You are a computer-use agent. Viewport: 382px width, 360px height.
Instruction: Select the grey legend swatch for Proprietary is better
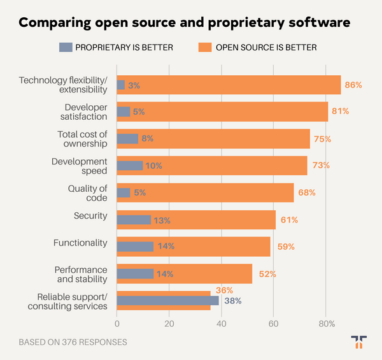66,47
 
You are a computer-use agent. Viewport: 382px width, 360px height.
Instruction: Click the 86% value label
353,85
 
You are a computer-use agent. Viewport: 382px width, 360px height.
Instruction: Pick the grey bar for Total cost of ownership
127,138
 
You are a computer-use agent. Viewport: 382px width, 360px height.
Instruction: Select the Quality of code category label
88,192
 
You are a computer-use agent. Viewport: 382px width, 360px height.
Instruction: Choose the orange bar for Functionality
210,247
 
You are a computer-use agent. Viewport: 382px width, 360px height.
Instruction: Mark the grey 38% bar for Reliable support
167,301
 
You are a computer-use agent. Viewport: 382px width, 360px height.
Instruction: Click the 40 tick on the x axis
222,323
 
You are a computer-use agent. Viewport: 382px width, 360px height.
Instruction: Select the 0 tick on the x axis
117,323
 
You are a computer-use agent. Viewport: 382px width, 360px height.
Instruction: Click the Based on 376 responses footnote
73,342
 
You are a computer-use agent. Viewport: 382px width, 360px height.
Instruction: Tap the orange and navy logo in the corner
358,342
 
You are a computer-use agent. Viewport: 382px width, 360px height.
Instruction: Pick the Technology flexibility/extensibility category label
64,85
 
